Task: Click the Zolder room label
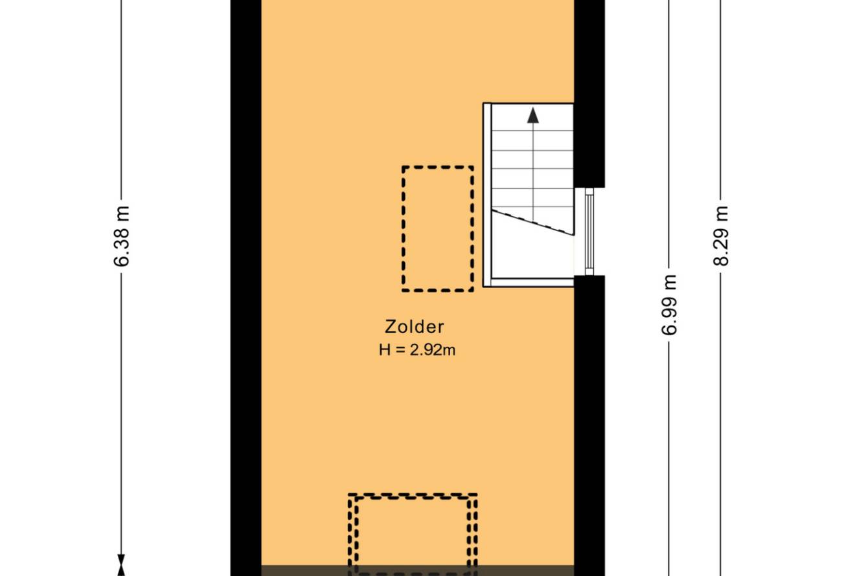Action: coord(415,327)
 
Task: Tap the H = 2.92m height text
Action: coord(417,350)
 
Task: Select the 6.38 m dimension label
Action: coord(122,236)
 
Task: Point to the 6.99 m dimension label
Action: coord(669,305)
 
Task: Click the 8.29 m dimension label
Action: coord(721,236)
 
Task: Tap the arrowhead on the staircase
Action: coord(532,115)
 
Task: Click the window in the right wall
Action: coord(589,231)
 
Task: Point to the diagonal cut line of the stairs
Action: coord(533,223)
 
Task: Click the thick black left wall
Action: coord(246,288)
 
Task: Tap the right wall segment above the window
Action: coord(589,94)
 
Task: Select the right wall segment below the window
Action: coord(589,425)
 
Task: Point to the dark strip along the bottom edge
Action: coord(418,571)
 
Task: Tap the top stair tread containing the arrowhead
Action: coord(532,117)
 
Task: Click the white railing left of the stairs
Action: coord(487,195)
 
